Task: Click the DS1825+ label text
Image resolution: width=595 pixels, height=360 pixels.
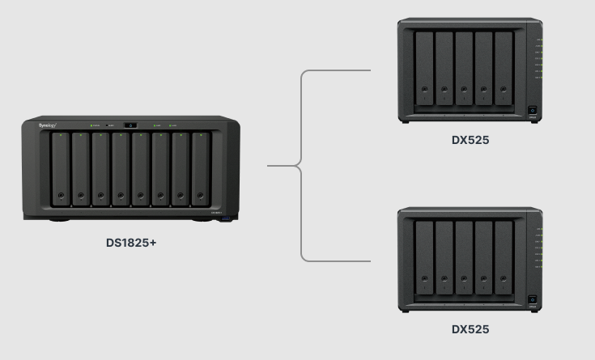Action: pos(130,242)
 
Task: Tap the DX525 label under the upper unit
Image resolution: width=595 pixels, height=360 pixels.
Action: pos(470,140)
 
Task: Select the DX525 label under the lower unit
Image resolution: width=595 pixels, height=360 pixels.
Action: pos(470,329)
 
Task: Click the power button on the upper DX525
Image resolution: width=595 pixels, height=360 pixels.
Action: pos(533,110)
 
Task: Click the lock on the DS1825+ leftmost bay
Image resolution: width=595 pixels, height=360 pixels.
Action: pos(61,195)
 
